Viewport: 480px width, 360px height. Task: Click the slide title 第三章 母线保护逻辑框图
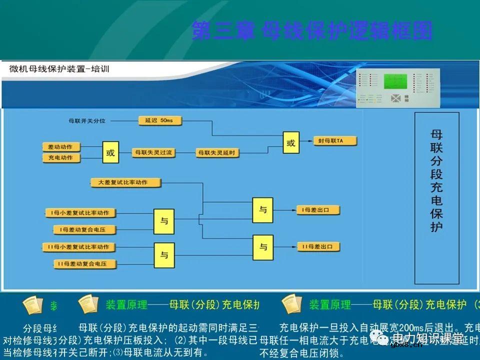pyautogui.click(x=312, y=30)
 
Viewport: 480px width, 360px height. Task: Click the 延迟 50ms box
pyautogui.click(x=159, y=121)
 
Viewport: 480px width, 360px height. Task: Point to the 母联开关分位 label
pyautogui.click(x=90, y=121)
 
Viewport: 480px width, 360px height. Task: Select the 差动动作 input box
pyautogui.click(x=61, y=147)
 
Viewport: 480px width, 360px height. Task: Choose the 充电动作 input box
pyautogui.click(x=61, y=158)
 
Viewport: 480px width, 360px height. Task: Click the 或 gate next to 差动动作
pyautogui.click(x=110, y=152)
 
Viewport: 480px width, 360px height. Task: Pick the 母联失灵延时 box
pyautogui.click(x=216, y=152)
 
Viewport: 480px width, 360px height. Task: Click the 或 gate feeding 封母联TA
pyautogui.click(x=290, y=143)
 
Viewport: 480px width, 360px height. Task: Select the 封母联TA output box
pyautogui.click(x=334, y=141)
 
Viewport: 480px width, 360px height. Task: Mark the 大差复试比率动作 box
pyautogui.click(x=126, y=183)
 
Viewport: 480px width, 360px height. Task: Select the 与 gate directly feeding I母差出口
pyautogui.click(x=262, y=210)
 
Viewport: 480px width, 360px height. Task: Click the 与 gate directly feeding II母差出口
pyautogui.click(x=262, y=247)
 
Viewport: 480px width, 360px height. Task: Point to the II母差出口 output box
pyautogui.click(x=318, y=246)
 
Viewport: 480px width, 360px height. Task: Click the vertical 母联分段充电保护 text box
pyautogui.click(x=436, y=198)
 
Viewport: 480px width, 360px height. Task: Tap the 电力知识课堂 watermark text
pyautogui.click(x=427, y=338)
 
